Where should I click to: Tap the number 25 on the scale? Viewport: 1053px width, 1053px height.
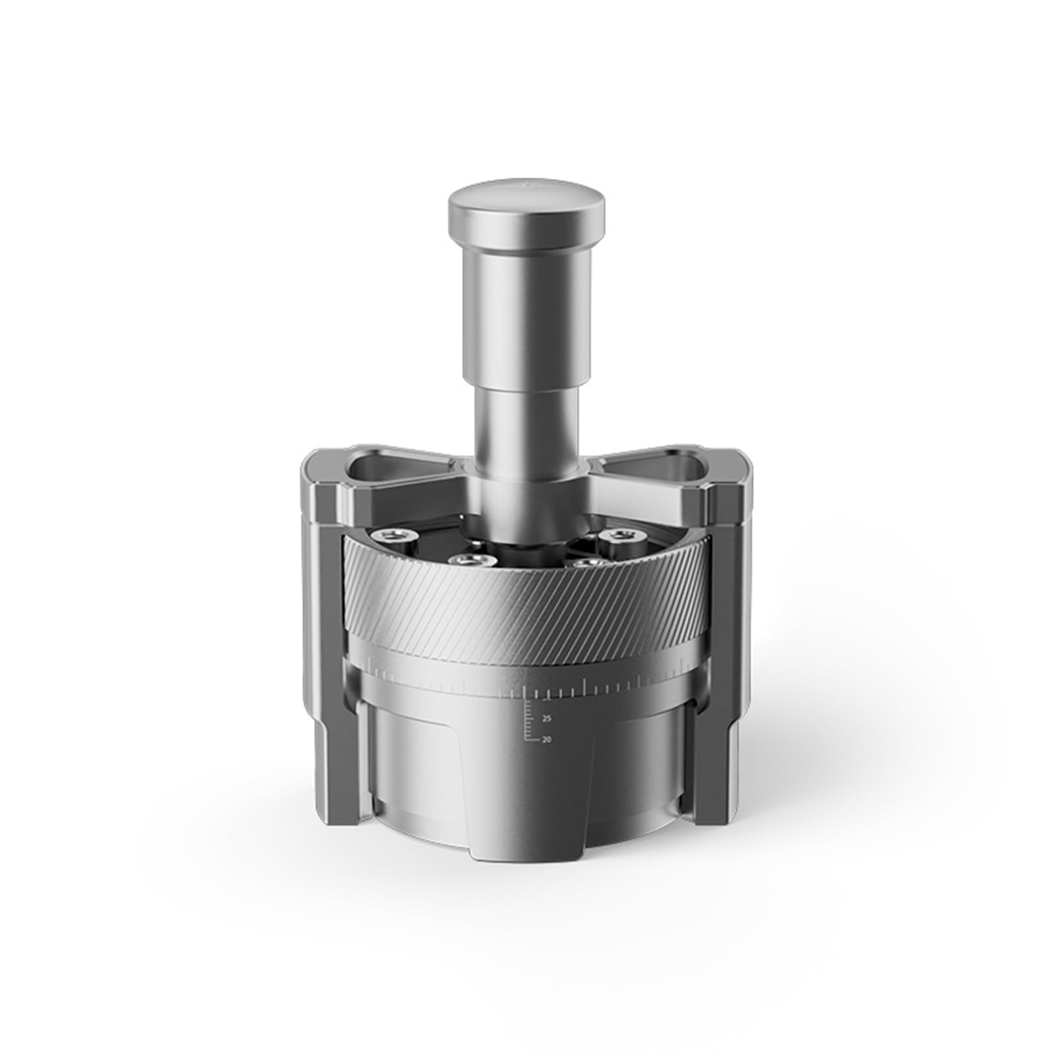pos(546,719)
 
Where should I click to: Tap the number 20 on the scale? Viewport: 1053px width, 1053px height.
pos(546,739)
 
